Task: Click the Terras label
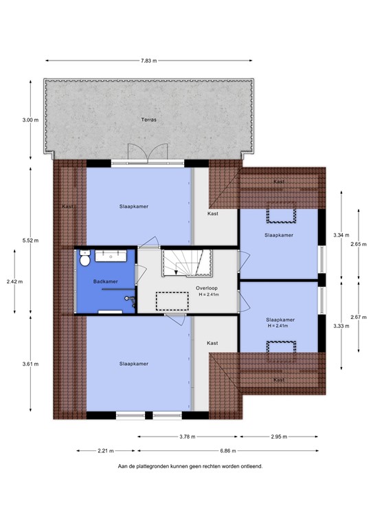coord(149,120)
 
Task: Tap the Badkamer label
coord(106,282)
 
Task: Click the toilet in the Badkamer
coord(84,261)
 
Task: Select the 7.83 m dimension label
coord(149,60)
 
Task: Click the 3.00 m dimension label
coord(30,120)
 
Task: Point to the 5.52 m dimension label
coord(30,239)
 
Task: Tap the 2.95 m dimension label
coord(278,437)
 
